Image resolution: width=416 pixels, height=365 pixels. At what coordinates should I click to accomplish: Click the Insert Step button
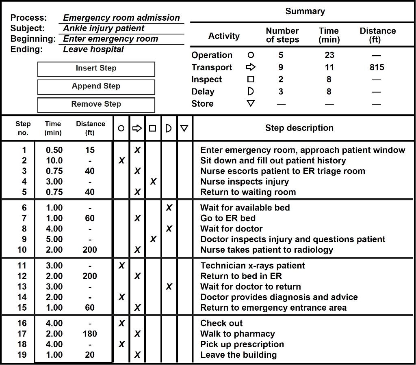point(96,69)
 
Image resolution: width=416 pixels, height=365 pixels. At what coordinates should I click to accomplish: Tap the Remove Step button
point(96,104)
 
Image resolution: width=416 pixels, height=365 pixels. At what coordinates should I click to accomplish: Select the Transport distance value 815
point(377,67)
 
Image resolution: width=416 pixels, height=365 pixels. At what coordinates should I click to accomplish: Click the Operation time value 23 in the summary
point(329,55)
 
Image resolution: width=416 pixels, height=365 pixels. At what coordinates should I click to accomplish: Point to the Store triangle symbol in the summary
point(251,103)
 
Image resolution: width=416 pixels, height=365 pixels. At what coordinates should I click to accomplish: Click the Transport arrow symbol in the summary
point(251,67)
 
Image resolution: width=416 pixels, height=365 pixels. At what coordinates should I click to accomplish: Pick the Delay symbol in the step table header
point(169,128)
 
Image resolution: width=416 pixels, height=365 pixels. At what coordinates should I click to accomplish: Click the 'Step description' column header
point(299,128)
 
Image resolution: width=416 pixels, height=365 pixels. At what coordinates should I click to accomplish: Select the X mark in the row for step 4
point(153,182)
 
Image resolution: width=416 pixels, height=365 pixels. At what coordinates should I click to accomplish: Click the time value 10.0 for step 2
point(54,161)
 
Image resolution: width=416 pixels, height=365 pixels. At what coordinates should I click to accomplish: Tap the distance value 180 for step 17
point(90,334)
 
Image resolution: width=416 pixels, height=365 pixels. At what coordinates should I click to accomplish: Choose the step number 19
point(22,355)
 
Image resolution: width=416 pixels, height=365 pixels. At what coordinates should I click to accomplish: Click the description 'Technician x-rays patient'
point(252,266)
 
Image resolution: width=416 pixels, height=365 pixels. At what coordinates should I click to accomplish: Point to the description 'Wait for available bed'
point(245,208)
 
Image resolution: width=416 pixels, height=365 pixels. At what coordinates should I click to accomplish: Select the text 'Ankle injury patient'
point(104,28)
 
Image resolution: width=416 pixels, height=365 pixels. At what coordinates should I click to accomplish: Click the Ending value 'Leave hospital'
point(93,49)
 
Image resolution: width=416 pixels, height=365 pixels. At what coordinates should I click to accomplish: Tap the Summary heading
point(305,11)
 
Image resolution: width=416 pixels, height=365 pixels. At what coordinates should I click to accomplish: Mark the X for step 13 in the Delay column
point(169,287)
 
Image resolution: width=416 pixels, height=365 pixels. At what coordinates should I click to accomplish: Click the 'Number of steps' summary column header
point(282,35)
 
